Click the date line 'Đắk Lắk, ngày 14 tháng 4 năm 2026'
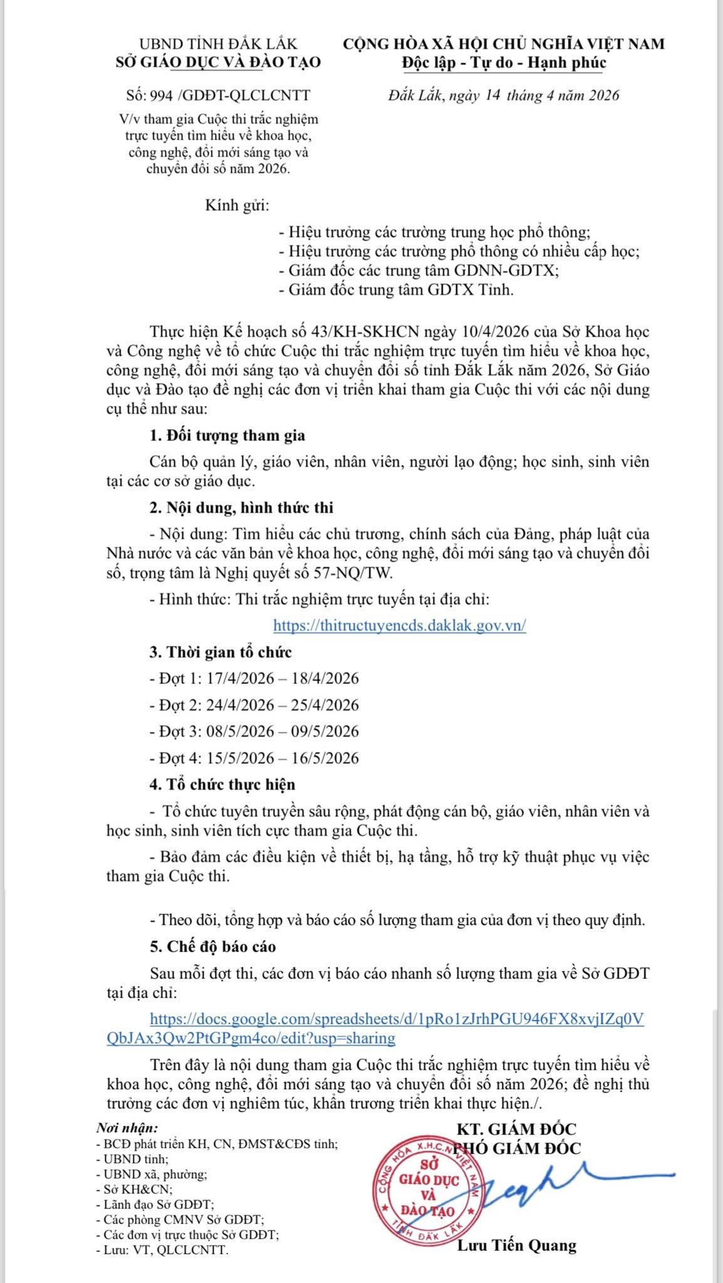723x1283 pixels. [x=504, y=95]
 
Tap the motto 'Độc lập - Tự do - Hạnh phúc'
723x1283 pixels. [x=504, y=63]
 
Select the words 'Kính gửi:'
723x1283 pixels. [x=237, y=205]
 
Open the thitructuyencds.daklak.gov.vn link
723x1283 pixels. [x=399, y=625]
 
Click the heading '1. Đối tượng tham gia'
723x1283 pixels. [x=227, y=435]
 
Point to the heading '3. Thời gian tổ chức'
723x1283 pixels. [x=221, y=652]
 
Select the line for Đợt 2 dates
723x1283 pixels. [x=254, y=705]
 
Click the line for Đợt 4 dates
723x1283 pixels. [x=254, y=758]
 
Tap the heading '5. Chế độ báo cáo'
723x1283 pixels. [x=212, y=947]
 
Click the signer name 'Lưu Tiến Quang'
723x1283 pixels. [x=516, y=1245]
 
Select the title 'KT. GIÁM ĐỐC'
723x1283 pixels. [x=516, y=1129]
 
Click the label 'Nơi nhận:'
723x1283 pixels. [x=127, y=1128]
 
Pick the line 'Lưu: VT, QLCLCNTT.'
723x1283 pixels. [x=162, y=1250]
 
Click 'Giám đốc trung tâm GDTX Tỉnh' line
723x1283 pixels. [x=396, y=290]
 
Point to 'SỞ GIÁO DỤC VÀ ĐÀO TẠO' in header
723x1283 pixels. [x=218, y=62]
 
